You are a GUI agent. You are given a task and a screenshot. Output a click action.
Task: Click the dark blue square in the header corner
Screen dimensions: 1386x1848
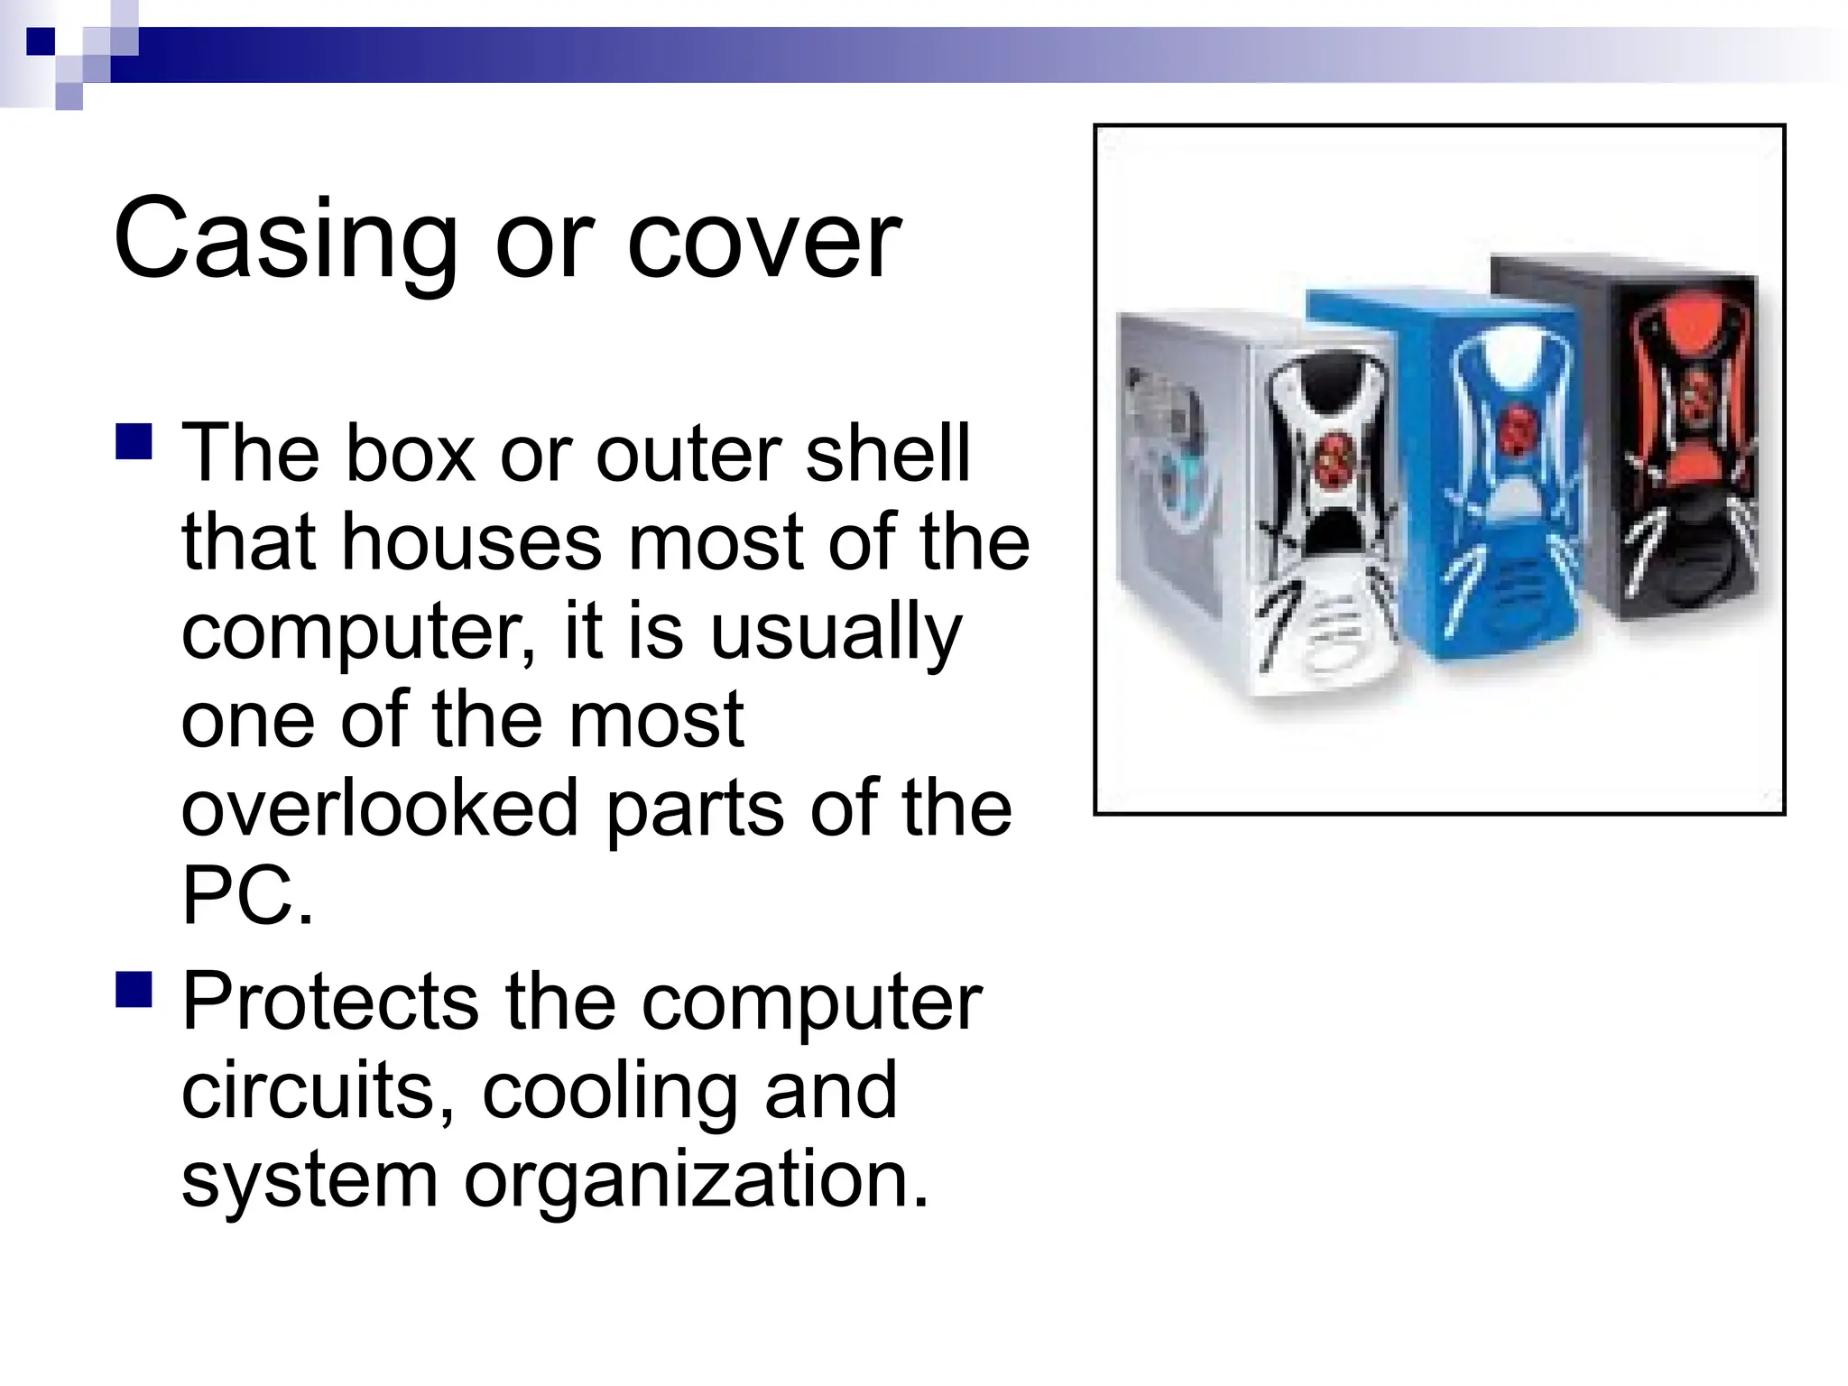coord(41,42)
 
